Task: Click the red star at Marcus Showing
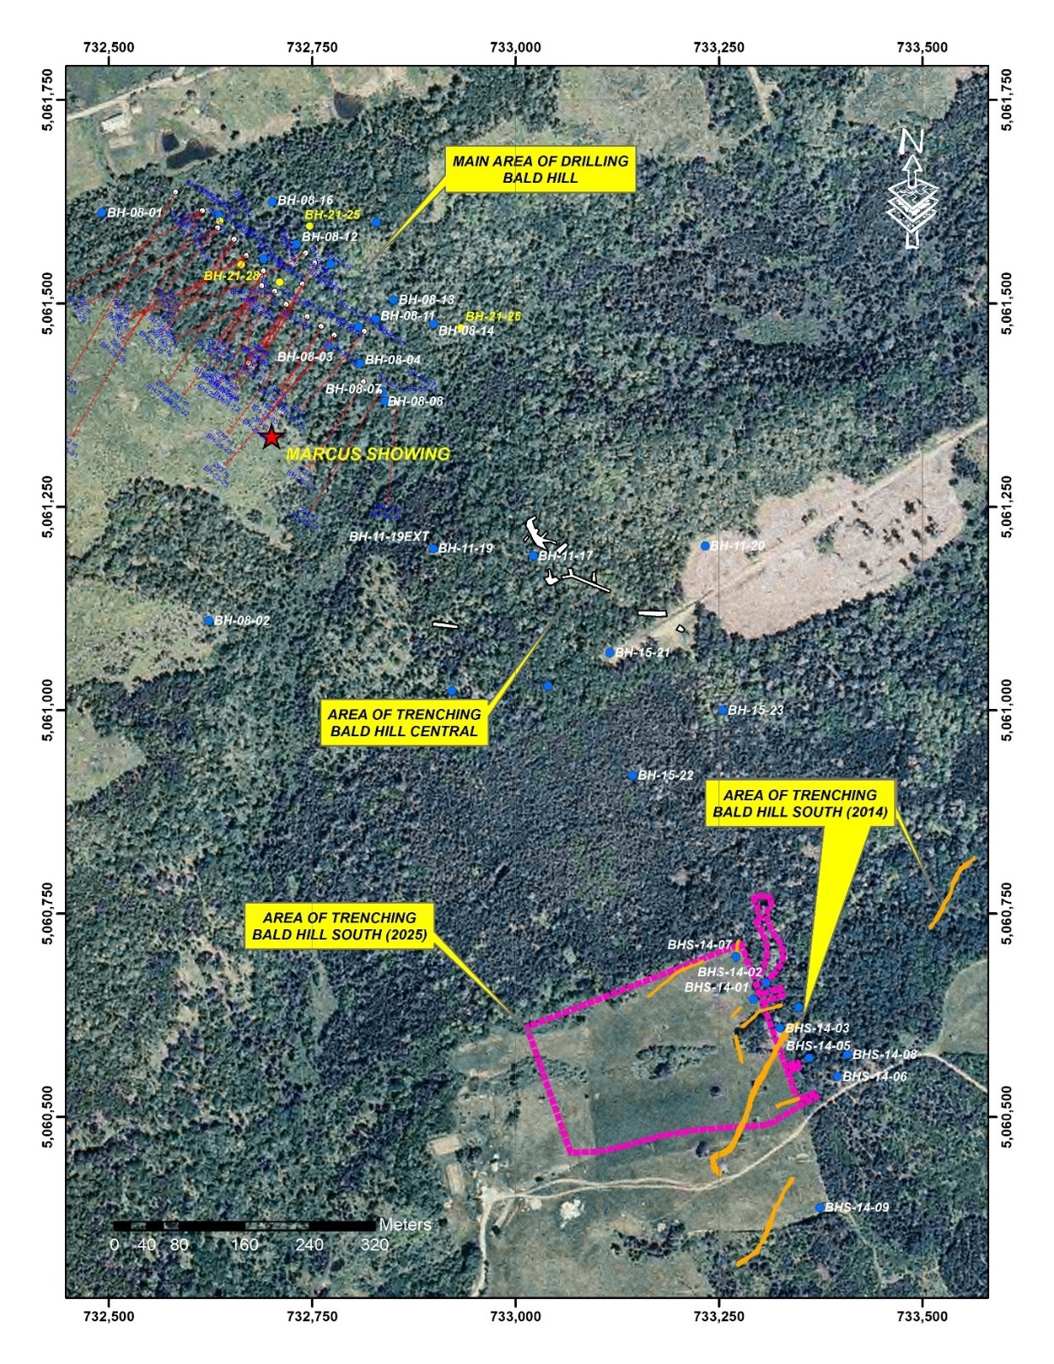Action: point(272,437)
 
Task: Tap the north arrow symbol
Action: point(912,190)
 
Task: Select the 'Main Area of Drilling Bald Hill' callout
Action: point(540,169)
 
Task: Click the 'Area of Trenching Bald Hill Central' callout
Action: point(404,723)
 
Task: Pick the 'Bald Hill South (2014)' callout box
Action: point(800,803)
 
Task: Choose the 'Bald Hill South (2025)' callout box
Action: point(339,926)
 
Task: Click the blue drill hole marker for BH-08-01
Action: point(102,213)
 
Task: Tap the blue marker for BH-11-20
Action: point(706,546)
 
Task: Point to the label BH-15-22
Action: point(665,776)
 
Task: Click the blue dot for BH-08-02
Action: point(209,621)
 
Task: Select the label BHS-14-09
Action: point(857,1207)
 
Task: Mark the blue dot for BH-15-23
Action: point(723,710)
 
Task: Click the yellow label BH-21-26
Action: point(493,316)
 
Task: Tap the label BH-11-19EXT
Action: point(389,536)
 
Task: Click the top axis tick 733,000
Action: point(516,47)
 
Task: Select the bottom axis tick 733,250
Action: point(719,1316)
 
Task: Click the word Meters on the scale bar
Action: point(405,1224)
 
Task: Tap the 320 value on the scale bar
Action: point(374,1244)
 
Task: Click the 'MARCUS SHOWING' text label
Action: point(367,454)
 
